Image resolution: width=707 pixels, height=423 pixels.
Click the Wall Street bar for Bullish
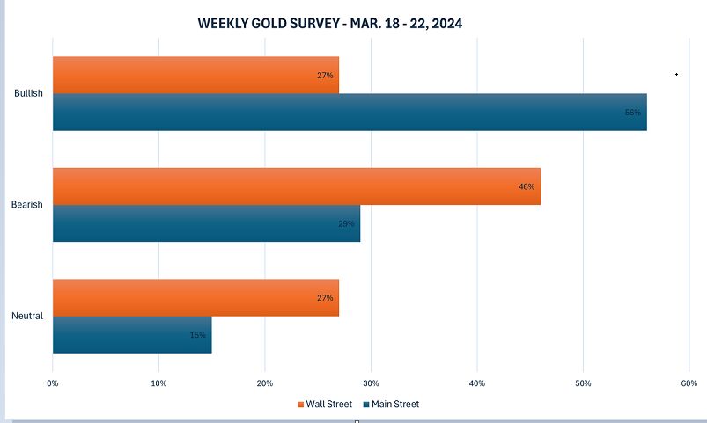pyautogui.click(x=195, y=75)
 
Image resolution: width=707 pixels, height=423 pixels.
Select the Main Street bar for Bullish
pyautogui.click(x=350, y=112)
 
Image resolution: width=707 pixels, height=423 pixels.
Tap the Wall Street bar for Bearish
pyautogui.click(x=297, y=186)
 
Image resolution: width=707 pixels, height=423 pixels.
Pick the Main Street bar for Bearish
pyautogui.click(x=206, y=223)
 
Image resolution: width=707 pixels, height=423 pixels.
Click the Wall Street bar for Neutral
pyautogui.click(x=195, y=297)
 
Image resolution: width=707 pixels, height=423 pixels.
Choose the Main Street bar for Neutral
pyautogui.click(x=132, y=334)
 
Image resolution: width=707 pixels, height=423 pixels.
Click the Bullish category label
pyautogui.click(x=28, y=93)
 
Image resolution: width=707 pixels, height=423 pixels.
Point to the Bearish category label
pyautogui.click(x=27, y=205)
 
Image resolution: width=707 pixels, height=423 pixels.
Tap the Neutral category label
pyautogui.click(x=27, y=316)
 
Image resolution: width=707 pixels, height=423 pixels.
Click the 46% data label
pyautogui.click(x=527, y=186)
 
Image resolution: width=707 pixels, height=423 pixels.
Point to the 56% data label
pyautogui.click(x=633, y=113)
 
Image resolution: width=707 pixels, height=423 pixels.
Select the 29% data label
pyautogui.click(x=346, y=224)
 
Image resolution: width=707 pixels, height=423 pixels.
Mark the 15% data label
pyautogui.click(x=197, y=335)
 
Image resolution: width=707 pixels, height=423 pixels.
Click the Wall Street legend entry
pyautogui.click(x=324, y=405)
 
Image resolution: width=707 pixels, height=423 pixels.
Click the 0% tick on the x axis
pyautogui.click(x=53, y=383)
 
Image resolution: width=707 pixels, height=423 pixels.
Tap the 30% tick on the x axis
pyautogui.click(x=371, y=383)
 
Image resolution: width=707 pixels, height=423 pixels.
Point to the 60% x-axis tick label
pyautogui.click(x=689, y=383)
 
